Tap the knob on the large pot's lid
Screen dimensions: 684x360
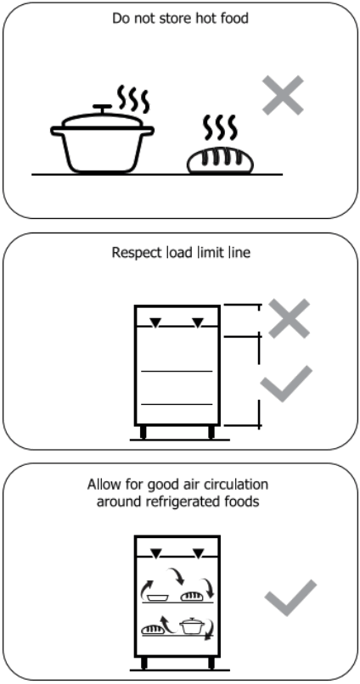tap(103, 108)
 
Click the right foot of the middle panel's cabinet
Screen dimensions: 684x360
tap(210, 432)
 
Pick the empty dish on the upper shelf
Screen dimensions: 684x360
tap(155, 597)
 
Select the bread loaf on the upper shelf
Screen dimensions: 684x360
tap(190, 597)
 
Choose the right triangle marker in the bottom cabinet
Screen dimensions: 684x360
tap(198, 553)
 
